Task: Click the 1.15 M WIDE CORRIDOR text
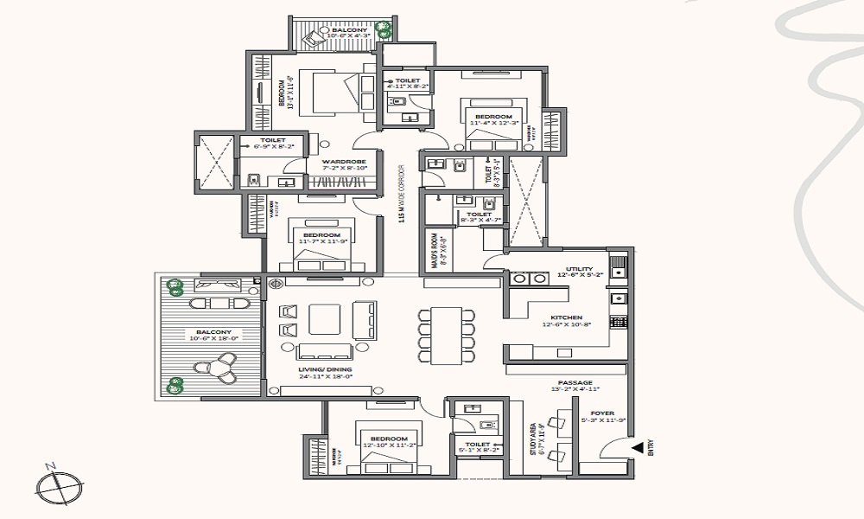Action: (402, 195)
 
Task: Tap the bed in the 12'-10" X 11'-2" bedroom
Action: (389, 445)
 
